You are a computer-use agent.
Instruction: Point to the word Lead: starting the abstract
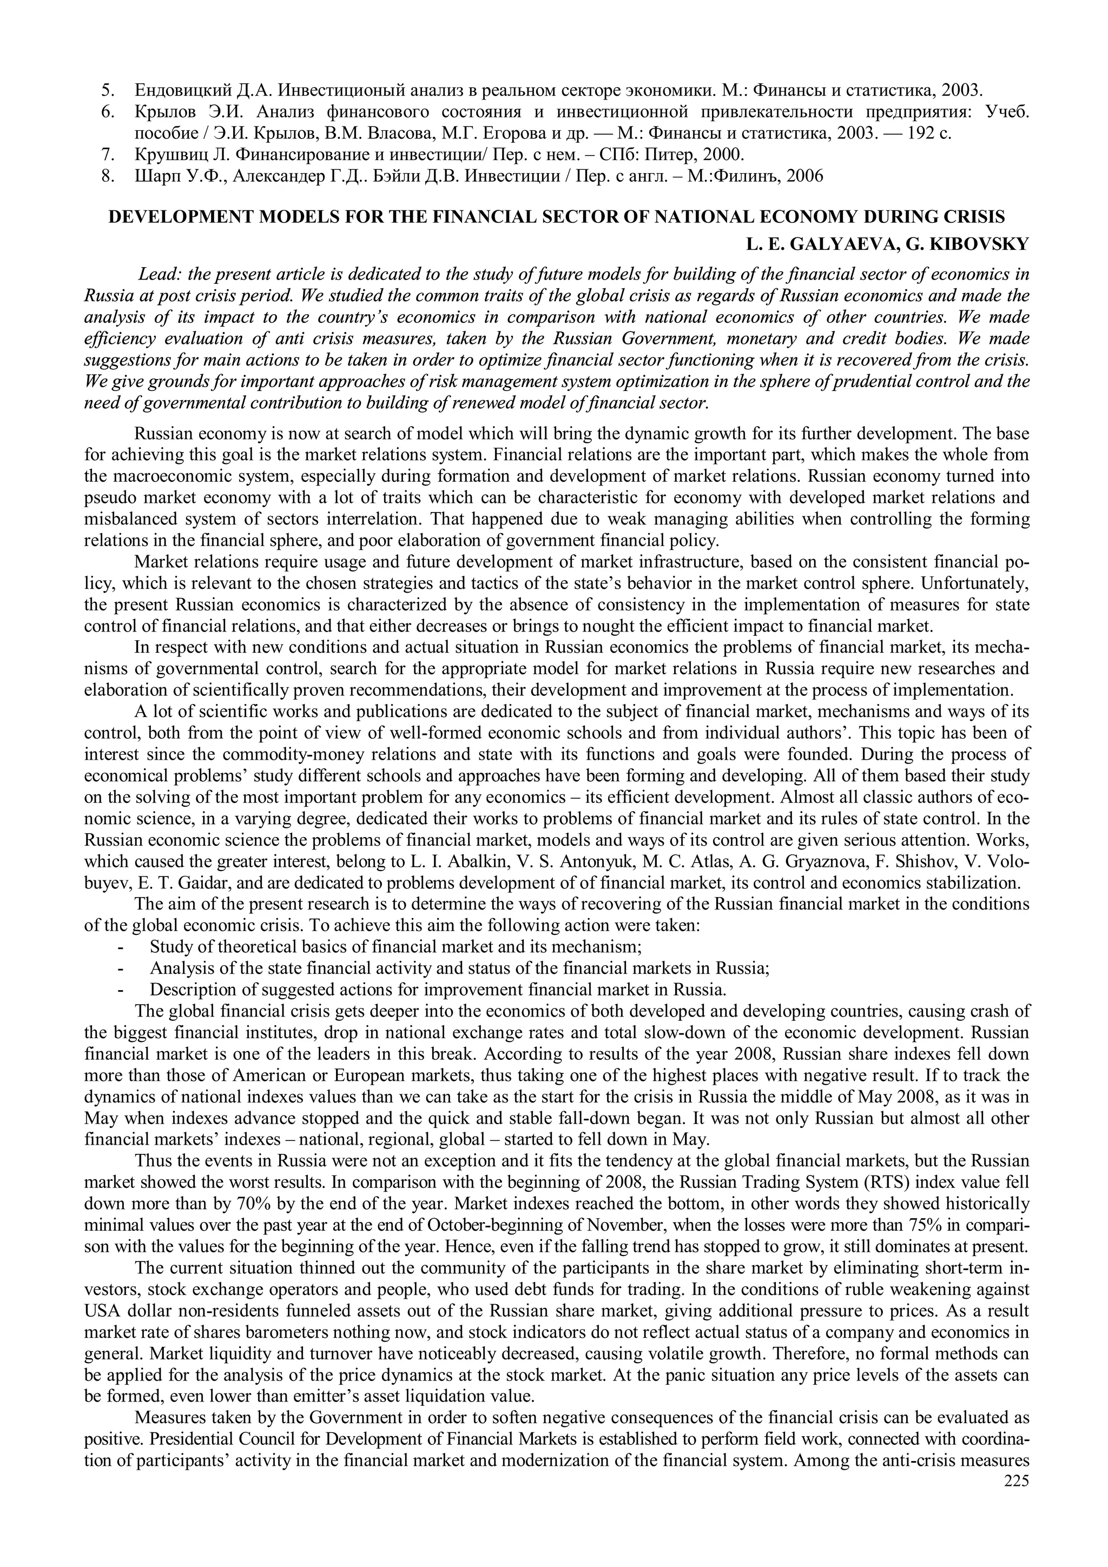point(159,274)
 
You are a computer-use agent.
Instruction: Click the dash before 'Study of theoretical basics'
point(121,947)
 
